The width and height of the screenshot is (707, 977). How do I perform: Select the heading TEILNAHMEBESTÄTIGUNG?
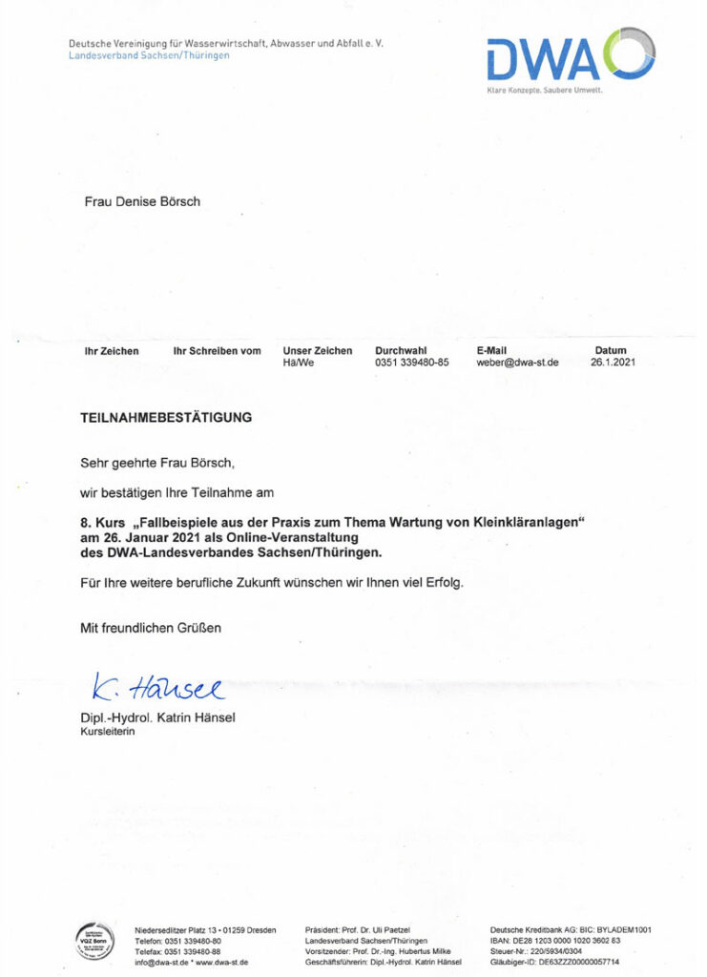point(166,417)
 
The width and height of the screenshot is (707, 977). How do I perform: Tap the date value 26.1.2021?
point(612,363)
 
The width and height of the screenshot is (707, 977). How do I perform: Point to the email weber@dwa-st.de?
point(517,363)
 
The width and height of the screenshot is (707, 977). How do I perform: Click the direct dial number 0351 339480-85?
point(412,363)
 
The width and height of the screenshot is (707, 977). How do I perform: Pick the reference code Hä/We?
point(299,363)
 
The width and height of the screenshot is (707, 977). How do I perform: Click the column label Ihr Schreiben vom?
point(217,351)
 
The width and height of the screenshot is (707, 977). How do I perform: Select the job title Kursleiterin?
point(107,732)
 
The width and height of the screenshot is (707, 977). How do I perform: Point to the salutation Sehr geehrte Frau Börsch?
point(156,463)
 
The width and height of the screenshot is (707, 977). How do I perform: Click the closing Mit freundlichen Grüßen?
point(151,628)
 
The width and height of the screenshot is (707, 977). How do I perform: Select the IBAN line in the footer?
point(555,940)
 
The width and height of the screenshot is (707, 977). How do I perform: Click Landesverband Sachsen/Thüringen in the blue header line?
point(149,55)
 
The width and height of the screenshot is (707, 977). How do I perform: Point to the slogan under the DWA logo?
point(545,90)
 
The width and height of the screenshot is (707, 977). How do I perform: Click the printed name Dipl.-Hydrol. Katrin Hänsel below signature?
point(157,717)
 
